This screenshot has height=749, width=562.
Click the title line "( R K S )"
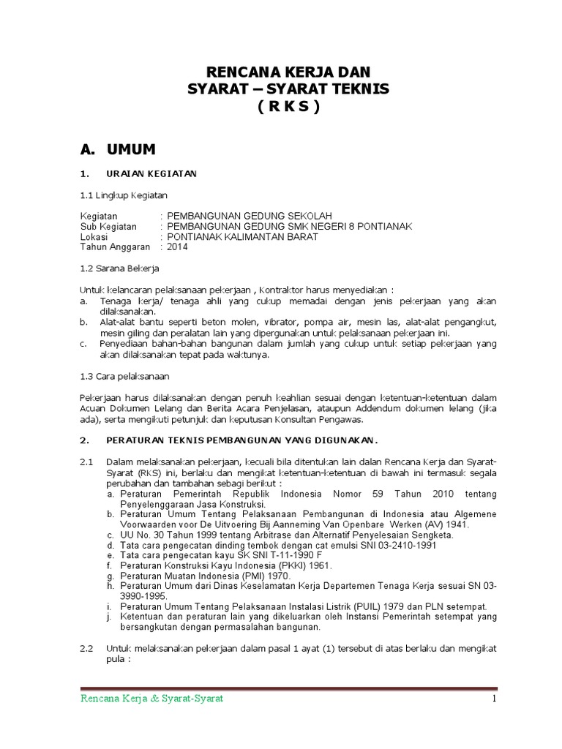click(x=288, y=107)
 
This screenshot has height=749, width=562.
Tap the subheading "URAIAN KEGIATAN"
click(x=151, y=174)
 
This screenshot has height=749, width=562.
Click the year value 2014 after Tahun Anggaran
click(x=177, y=247)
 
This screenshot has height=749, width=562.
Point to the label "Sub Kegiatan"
click(x=108, y=227)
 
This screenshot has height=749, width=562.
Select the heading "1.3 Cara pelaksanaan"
click(x=124, y=376)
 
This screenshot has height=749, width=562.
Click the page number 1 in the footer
click(x=494, y=699)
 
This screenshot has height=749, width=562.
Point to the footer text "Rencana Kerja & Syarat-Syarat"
click(x=151, y=699)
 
